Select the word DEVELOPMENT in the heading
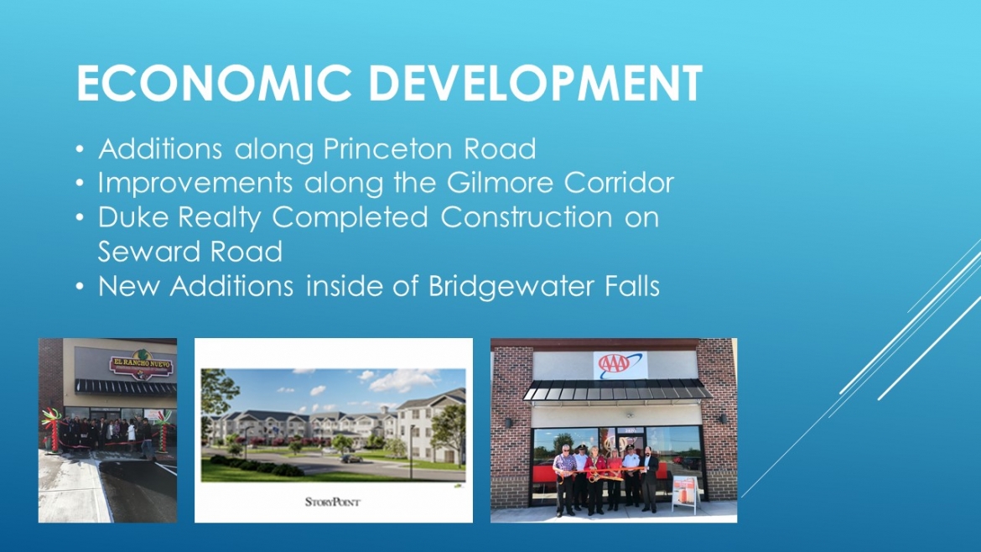536,82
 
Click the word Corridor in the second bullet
619,183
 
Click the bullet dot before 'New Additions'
80,287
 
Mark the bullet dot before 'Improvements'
80,184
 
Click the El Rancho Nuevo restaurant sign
141,365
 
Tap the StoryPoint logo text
332,502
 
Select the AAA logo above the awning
620,364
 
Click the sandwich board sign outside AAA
685,494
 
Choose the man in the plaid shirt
564,480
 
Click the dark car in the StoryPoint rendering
351,459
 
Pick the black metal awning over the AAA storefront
617,389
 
